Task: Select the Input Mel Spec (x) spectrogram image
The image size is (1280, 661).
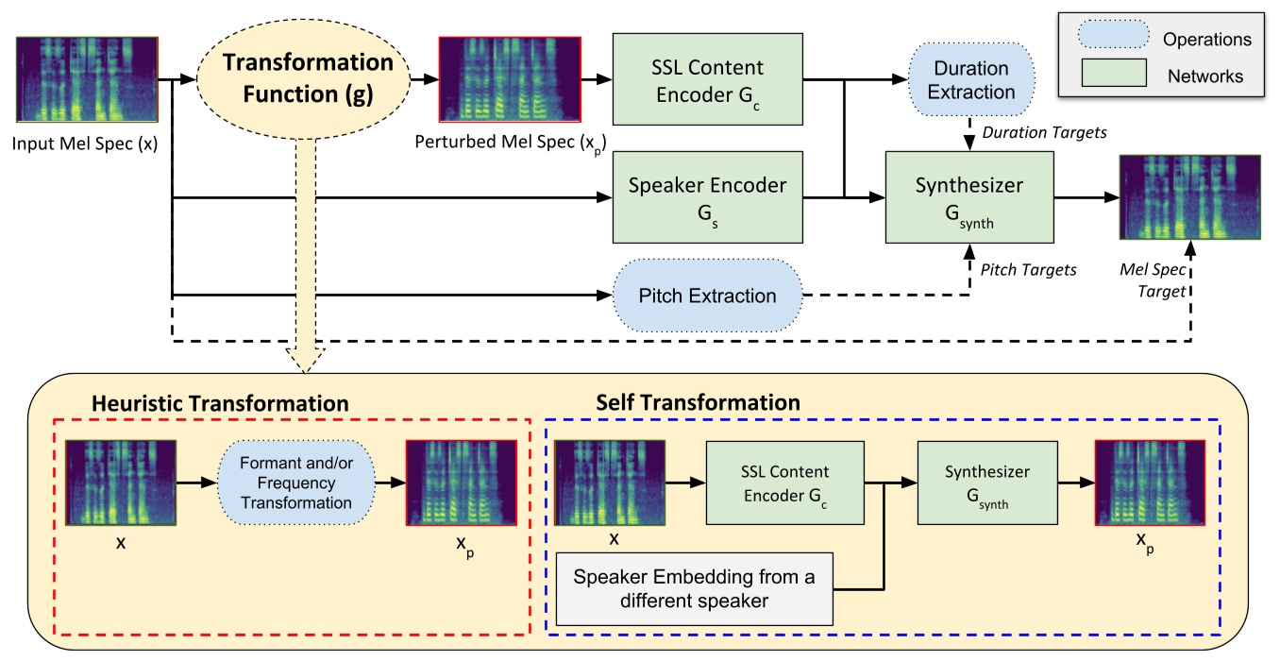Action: point(86,80)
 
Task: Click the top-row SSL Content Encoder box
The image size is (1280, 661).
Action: point(708,79)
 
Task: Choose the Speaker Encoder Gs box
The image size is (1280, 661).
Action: point(708,197)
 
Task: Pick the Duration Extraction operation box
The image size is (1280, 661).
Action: point(972,80)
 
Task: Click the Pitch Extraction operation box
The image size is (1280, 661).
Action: point(707,297)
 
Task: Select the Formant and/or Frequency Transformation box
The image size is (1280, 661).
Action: point(296,483)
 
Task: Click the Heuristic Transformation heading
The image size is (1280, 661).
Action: point(220,403)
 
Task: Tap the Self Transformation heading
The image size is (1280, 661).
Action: point(699,402)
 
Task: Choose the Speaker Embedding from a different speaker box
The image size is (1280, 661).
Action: point(696,588)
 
